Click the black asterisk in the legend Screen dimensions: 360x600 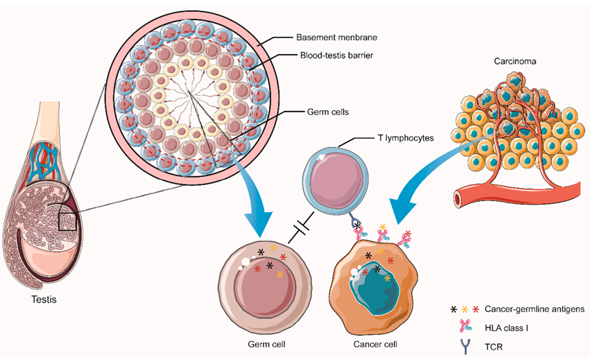click(454, 308)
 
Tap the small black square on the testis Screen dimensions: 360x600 click(67, 221)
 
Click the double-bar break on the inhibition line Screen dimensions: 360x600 click(299, 228)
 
